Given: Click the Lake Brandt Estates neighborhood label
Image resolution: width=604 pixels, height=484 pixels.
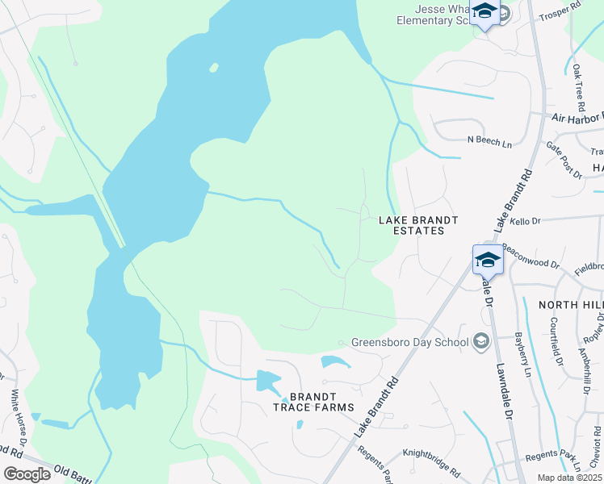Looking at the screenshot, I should (418, 225).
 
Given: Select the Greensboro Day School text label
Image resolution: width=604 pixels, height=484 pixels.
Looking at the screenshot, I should (409, 342).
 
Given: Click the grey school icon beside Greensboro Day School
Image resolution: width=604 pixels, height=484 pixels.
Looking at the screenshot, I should (481, 341).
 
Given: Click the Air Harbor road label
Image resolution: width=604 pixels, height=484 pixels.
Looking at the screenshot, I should (577, 118).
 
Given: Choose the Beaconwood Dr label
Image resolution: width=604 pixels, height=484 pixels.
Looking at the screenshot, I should (531, 256).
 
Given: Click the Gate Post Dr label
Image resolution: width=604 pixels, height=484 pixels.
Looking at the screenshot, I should (563, 158).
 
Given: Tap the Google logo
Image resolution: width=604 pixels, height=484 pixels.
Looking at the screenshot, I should (27, 474).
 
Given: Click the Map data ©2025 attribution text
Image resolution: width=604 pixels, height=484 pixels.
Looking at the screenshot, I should (568, 478).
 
